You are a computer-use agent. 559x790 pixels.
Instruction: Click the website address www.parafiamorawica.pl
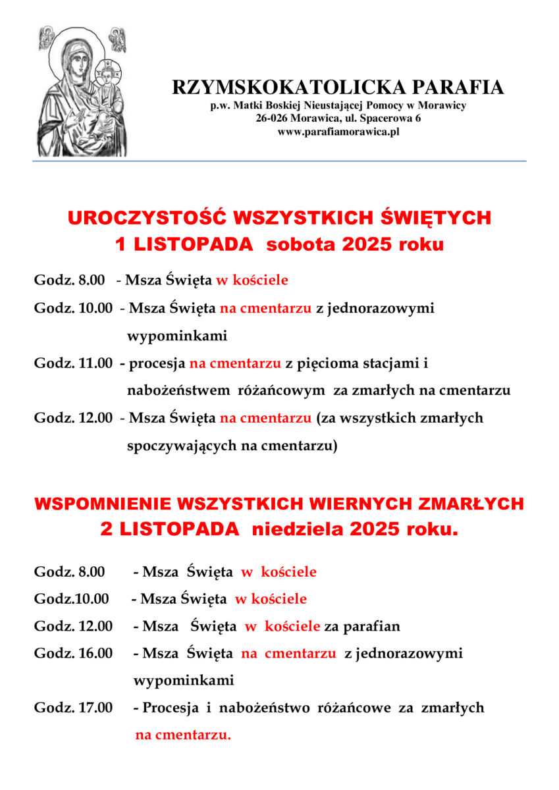(338, 132)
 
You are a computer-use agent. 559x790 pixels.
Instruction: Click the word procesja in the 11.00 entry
(157, 363)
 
